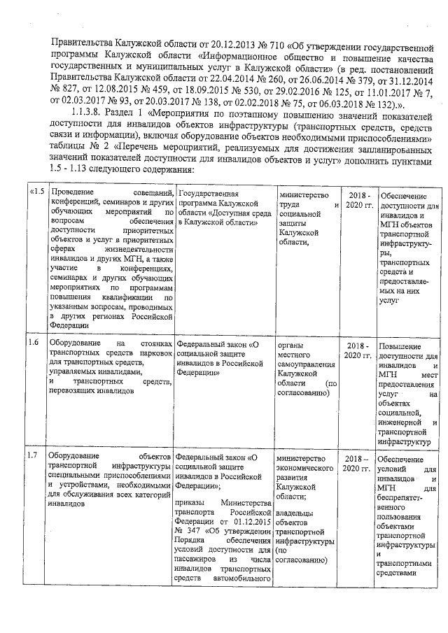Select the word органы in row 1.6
(x=290, y=344)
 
